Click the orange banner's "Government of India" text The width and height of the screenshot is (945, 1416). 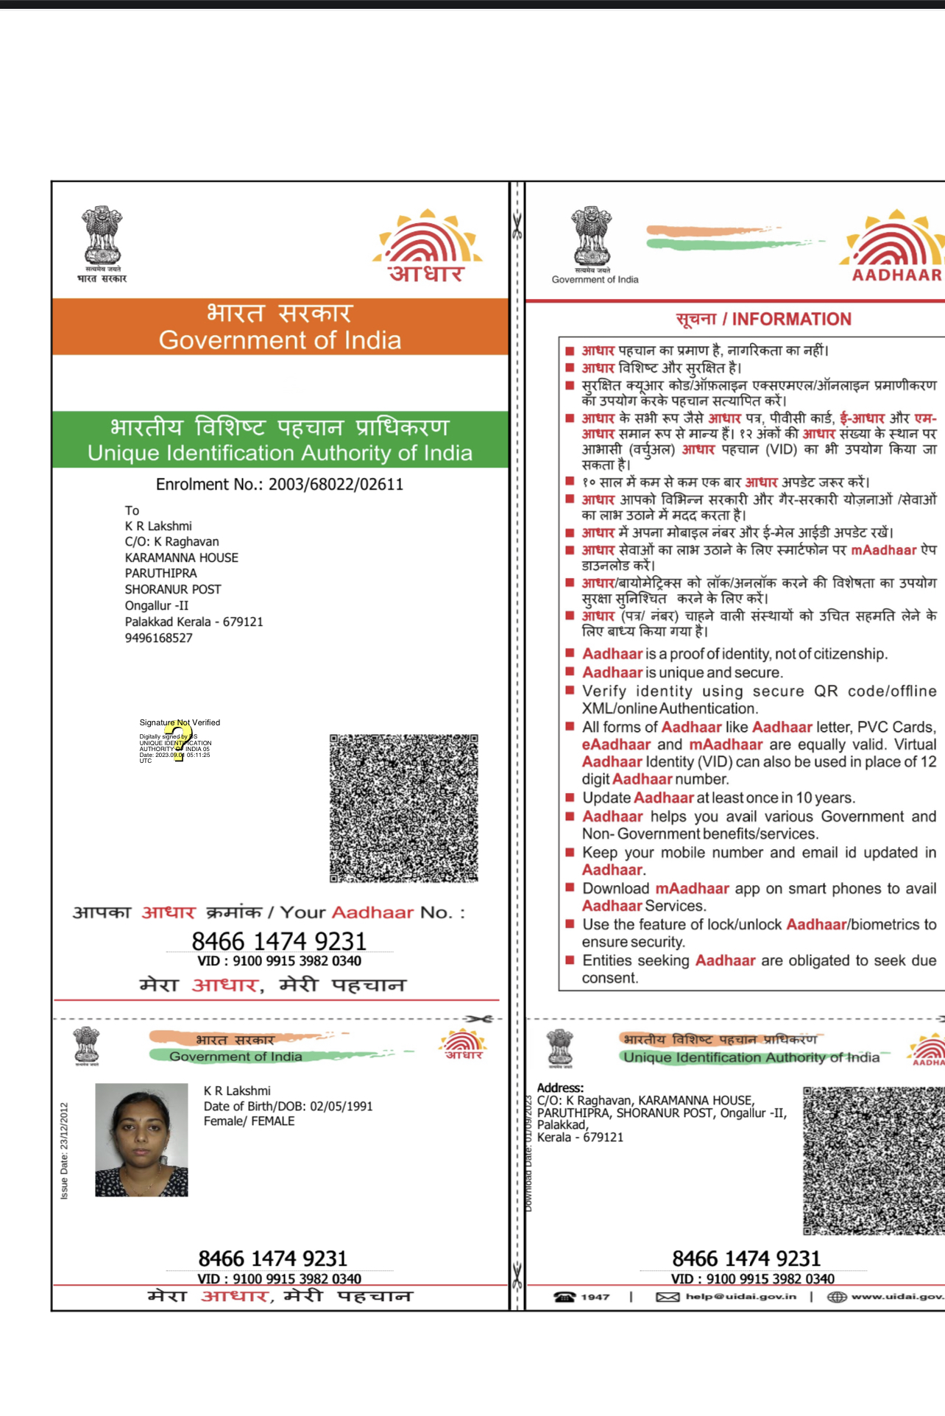[280, 340]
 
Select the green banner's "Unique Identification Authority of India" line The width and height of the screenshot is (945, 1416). [280, 453]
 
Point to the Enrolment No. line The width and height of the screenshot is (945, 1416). [280, 485]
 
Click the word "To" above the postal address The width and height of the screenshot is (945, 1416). [132, 510]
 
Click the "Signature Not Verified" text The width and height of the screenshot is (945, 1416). [180, 722]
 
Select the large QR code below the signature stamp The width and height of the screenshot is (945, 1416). [403, 808]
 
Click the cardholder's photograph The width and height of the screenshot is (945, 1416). [141, 1139]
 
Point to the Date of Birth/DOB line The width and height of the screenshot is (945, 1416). [288, 1106]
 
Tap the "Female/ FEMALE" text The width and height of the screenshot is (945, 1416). [249, 1121]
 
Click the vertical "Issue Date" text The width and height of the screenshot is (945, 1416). [64, 1151]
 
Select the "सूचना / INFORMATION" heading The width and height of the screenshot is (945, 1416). [763, 319]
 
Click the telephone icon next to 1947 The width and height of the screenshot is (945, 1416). [564, 1297]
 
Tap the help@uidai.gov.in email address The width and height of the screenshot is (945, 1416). [740, 1297]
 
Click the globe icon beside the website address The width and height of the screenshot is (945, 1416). [836, 1297]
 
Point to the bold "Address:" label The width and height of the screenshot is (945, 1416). [560, 1088]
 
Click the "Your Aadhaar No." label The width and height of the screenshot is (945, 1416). [372, 912]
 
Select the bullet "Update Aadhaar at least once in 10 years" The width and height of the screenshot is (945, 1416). [718, 797]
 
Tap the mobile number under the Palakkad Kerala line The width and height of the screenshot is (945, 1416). [158, 638]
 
